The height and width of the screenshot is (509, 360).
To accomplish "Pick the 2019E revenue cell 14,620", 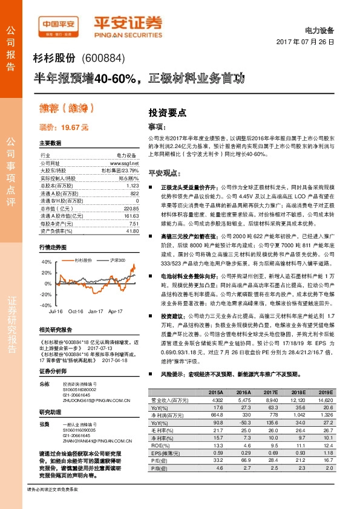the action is tap(324, 400).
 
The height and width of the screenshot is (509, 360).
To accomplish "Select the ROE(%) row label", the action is tap(160, 446).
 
